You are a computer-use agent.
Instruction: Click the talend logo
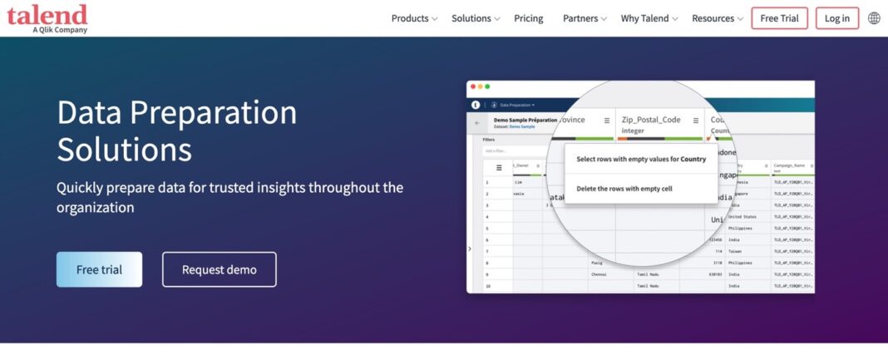pos(47,17)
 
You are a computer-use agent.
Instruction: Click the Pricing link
pos(528,18)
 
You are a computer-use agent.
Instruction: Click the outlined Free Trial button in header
pos(779,18)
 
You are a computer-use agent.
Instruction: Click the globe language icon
pos(874,18)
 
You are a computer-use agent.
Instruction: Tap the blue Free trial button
pos(99,269)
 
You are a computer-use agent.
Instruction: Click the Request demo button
pos(219,269)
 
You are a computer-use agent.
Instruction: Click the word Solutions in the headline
pos(124,150)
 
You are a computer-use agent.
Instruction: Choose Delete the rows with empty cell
pos(624,189)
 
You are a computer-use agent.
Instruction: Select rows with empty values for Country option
pos(640,159)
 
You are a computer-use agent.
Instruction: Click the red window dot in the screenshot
pos(472,86)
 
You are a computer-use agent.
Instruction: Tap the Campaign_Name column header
pos(790,166)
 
